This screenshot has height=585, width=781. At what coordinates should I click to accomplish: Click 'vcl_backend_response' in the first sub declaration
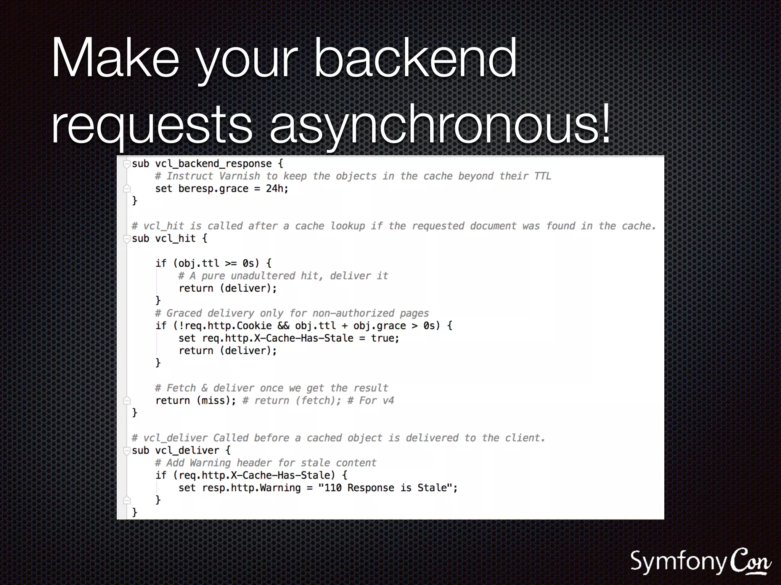(213, 164)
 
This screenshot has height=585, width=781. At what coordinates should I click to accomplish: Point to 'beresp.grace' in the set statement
(213, 189)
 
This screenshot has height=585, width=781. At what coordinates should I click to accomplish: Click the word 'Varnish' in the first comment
(239, 176)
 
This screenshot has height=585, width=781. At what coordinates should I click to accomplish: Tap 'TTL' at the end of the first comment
(542, 176)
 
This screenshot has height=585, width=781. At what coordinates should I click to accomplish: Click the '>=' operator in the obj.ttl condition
(231, 264)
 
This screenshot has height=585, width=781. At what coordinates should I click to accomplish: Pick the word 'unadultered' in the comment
(263, 276)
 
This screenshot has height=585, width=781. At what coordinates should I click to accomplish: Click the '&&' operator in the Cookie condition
(283, 326)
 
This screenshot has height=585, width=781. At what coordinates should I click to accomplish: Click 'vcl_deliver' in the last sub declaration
(187, 451)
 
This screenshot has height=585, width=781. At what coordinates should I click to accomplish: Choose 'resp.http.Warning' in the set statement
(251, 488)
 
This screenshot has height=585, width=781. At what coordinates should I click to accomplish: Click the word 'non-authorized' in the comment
(353, 313)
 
